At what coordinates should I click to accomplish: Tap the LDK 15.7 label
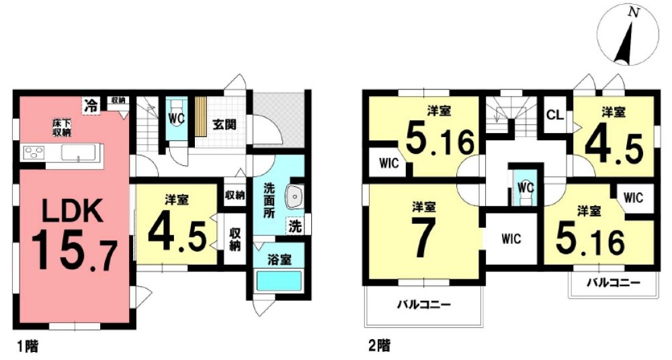pyautogui.click(x=73, y=234)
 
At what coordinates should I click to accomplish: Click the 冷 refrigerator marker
pyautogui.click(x=89, y=104)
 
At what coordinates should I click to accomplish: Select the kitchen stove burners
pyautogui.click(x=33, y=152)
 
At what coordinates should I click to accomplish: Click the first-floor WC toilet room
pyautogui.click(x=176, y=119)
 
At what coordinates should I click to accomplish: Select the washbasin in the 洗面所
pyautogui.click(x=295, y=196)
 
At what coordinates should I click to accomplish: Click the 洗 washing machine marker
pyautogui.click(x=295, y=226)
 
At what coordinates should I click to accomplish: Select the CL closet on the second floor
pyautogui.click(x=554, y=115)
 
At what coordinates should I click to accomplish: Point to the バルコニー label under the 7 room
pyautogui.click(x=423, y=304)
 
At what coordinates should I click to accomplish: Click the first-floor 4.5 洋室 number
pyautogui.click(x=176, y=231)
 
